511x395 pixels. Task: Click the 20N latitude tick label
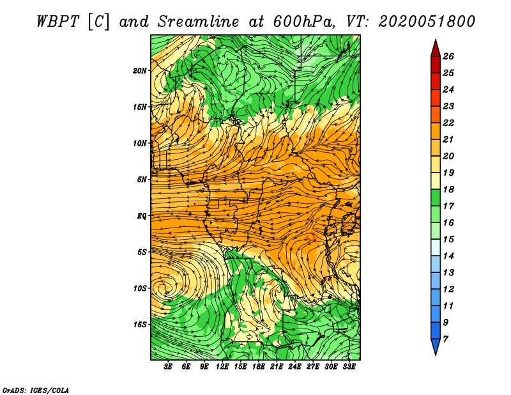click(x=139, y=70)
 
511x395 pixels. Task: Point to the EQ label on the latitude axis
click(x=141, y=215)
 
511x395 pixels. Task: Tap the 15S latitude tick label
click(x=140, y=325)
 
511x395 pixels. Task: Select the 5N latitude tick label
click(x=142, y=180)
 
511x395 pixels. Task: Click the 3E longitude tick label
click(x=168, y=367)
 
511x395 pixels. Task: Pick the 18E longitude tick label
click(x=258, y=367)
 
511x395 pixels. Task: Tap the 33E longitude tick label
click(x=349, y=367)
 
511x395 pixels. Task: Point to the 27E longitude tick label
click(x=312, y=367)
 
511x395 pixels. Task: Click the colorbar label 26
click(x=448, y=56)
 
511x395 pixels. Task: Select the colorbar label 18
click(x=448, y=189)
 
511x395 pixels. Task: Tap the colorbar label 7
click(x=445, y=339)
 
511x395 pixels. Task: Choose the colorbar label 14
click(x=448, y=256)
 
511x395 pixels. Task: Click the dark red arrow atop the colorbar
click(x=436, y=49)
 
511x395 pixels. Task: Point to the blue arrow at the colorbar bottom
click(x=436, y=346)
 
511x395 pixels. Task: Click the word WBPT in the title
click(x=57, y=22)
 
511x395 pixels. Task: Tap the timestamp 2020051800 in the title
click(x=427, y=22)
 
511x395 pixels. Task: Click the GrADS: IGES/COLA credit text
click(x=36, y=391)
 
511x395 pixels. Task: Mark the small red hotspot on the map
click(x=311, y=236)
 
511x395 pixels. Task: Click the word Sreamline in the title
click(x=199, y=22)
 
